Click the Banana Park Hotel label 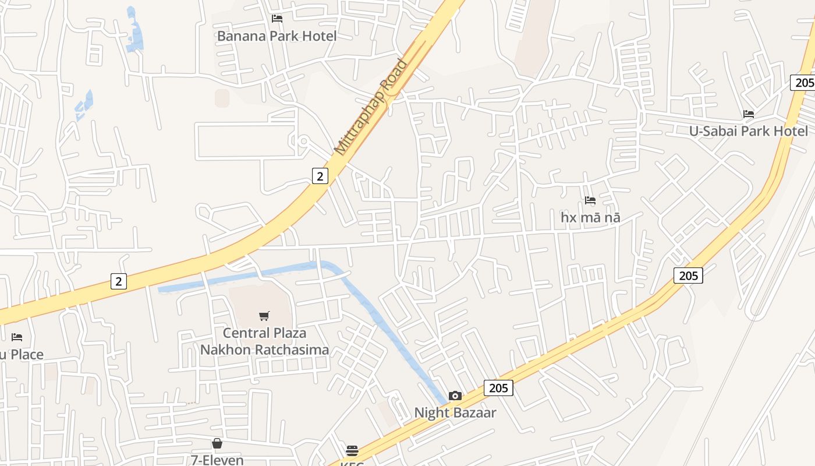coord(277,36)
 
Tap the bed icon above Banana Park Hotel coord(277,19)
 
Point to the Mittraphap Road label coord(371,107)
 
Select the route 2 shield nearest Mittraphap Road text coord(320,175)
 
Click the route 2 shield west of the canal coord(119,281)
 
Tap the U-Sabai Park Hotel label coord(749,131)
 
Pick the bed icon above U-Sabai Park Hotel coord(749,114)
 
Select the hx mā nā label coord(590,218)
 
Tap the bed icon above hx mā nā coord(590,200)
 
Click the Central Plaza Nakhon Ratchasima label coord(264,341)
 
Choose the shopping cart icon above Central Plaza coord(264,316)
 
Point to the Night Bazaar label coord(455,413)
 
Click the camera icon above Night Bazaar coord(455,396)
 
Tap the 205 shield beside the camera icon coord(498,388)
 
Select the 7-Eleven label coord(217,460)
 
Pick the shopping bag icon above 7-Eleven coord(217,443)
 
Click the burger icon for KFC coord(352,451)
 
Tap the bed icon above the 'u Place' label coord(17,337)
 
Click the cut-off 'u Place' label coord(22,355)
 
